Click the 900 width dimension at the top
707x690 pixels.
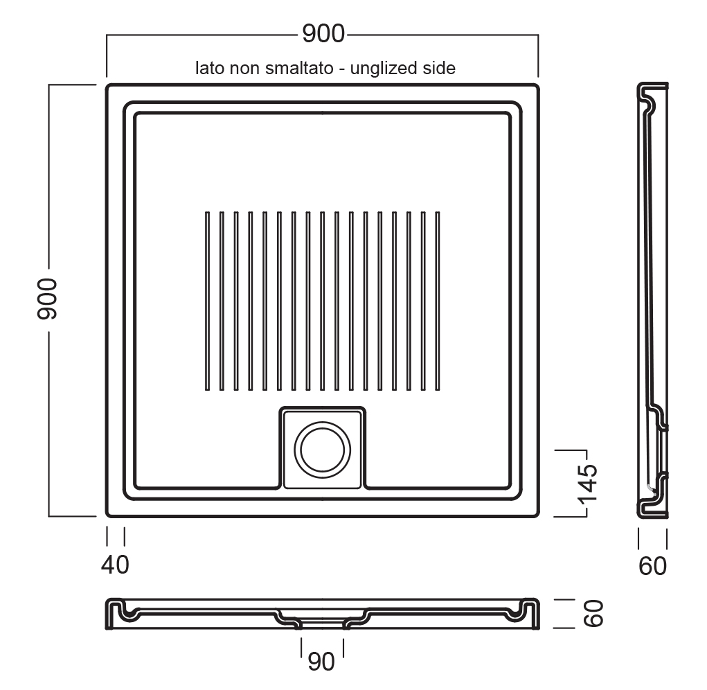pyautogui.click(x=323, y=33)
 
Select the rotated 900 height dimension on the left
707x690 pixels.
pyautogui.click(x=47, y=299)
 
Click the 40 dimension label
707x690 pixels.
pyautogui.click(x=115, y=565)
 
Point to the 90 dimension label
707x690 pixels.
pyautogui.click(x=321, y=662)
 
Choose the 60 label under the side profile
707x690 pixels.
pyautogui.click(x=652, y=567)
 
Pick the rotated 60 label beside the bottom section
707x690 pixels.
pyautogui.click(x=593, y=613)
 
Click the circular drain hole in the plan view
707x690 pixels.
pyautogui.click(x=323, y=450)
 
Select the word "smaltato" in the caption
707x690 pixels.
pyautogui.click(x=299, y=68)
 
